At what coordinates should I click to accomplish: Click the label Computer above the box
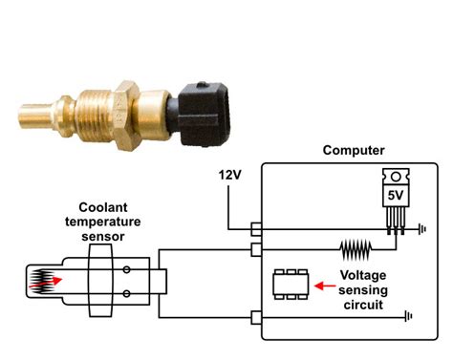(354, 150)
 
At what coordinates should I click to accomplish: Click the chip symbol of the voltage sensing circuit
(291, 284)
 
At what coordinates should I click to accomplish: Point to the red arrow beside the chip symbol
(326, 284)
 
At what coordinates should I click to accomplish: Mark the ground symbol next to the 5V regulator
(421, 230)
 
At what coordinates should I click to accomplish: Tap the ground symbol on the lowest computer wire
(408, 317)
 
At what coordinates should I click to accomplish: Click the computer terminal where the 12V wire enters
(255, 230)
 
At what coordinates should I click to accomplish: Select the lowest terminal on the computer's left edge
(255, 317)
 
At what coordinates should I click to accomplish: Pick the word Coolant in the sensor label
(102, 204)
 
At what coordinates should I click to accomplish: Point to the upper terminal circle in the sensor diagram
(127, 269)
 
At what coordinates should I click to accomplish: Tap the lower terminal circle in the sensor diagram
(127, 294)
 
